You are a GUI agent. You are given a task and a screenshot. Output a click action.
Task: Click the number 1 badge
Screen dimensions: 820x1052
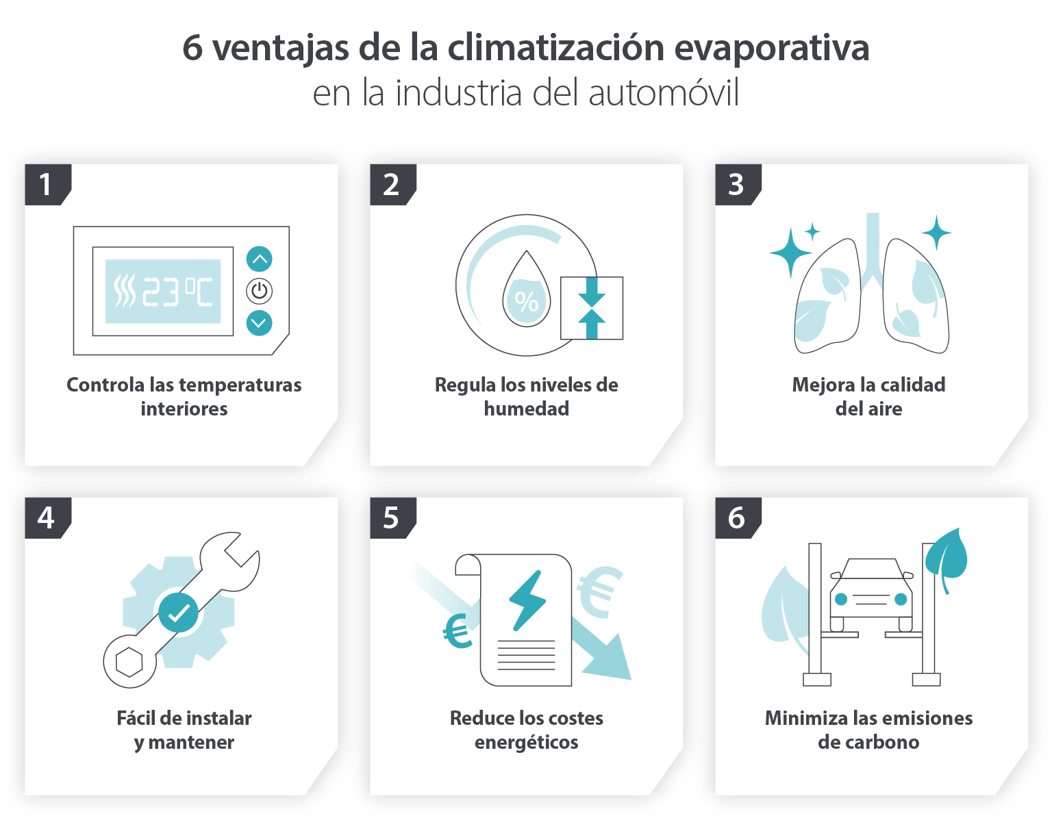pyautogui.click(x=46, y=184)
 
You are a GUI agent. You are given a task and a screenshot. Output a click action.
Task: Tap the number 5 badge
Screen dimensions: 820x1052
pyautogui.click(x=391, y=518)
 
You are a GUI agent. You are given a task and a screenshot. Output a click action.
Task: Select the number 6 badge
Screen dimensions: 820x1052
pyautogui.click(x=736, y=518)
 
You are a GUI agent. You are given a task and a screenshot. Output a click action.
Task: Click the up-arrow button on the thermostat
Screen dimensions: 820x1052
pyautogui.click(x=259, y=259)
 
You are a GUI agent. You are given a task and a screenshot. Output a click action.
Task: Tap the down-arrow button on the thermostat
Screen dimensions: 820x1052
pyautogui.click(x=259, y=322)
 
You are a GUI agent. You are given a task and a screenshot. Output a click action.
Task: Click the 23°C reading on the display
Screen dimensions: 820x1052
pyautogui.click(x=177, y=292)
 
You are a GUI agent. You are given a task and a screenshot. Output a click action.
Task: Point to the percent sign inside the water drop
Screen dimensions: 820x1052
pyautogui.click(x=526, y=300)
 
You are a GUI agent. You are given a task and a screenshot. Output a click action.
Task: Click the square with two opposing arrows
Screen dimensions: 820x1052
pyautogui.click(x=592, y=308)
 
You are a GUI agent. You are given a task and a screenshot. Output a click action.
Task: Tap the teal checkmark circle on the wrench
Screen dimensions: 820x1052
pyautogui.click(x=179, y=612)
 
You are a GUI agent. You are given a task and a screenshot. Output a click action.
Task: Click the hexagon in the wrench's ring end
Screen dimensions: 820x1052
pyautogui.click(x=129, y=662)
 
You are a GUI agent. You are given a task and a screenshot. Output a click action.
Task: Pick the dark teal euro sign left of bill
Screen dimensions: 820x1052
pyautogui.click(x=458, y=631)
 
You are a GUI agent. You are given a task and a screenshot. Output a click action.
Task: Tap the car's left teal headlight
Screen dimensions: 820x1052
pyautogui.click(x=841, y=599)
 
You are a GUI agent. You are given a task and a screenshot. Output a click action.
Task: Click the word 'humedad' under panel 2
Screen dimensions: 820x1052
pyautogui.click(x=526, y=409)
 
